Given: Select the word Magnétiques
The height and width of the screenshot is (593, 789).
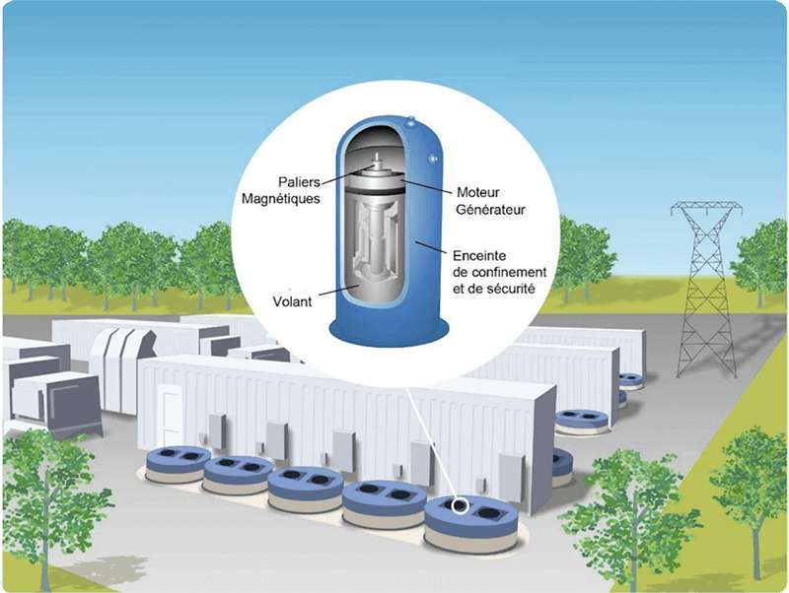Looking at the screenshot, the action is pos(281,199).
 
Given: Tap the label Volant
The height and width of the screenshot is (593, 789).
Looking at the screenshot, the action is pos(292,301).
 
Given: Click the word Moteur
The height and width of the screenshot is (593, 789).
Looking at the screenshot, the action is pos(478,192).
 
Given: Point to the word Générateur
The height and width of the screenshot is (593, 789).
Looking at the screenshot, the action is pos(490,210).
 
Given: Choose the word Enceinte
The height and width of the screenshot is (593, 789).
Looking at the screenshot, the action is pos(479,256).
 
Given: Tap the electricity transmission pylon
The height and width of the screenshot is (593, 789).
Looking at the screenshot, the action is pos(706,289).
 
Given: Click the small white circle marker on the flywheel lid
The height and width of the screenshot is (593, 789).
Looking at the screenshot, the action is pos(460,505).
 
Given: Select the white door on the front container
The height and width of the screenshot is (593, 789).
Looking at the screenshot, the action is pos(171,413).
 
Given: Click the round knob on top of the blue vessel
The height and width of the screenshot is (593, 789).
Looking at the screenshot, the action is pos(411,121).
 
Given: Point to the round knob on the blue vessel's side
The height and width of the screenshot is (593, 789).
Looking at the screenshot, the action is pos(432,159).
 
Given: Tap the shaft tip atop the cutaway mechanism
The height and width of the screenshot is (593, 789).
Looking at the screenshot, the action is pos(375,158).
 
